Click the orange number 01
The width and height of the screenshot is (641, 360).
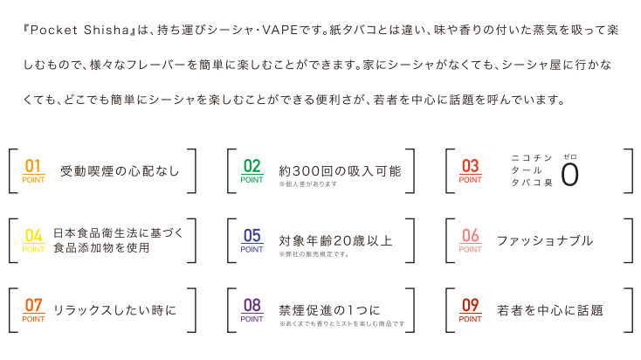pos(34,164)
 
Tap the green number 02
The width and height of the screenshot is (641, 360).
pos(252,164)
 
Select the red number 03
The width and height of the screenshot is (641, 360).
pos(471,164)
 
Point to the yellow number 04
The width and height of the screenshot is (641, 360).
pos(34,235)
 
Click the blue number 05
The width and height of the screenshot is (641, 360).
pos(252,235)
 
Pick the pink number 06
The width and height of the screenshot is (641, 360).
pos(471,235)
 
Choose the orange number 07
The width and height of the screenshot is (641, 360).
pos(34,305)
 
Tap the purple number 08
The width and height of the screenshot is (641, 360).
pos(252,305)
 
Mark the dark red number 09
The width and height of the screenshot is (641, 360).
pos(471,305)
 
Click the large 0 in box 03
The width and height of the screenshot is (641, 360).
pos(570,175)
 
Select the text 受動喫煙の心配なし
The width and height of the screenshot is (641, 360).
pos(120,170)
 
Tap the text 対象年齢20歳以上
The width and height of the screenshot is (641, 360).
pos(336,239)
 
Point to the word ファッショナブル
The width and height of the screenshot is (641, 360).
pos(545,240)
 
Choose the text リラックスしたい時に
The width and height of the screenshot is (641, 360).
pos(114,310)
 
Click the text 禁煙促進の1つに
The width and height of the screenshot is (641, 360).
pos(330,308)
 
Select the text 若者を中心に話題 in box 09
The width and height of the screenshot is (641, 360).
pos(550,310)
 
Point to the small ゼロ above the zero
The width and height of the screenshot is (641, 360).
pos(570,156)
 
